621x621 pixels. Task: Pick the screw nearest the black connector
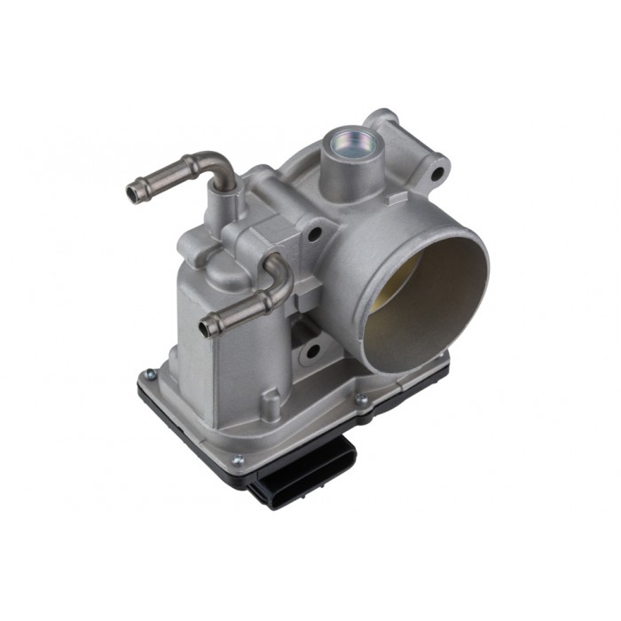[237, 460]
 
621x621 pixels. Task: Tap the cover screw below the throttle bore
[361, 400]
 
